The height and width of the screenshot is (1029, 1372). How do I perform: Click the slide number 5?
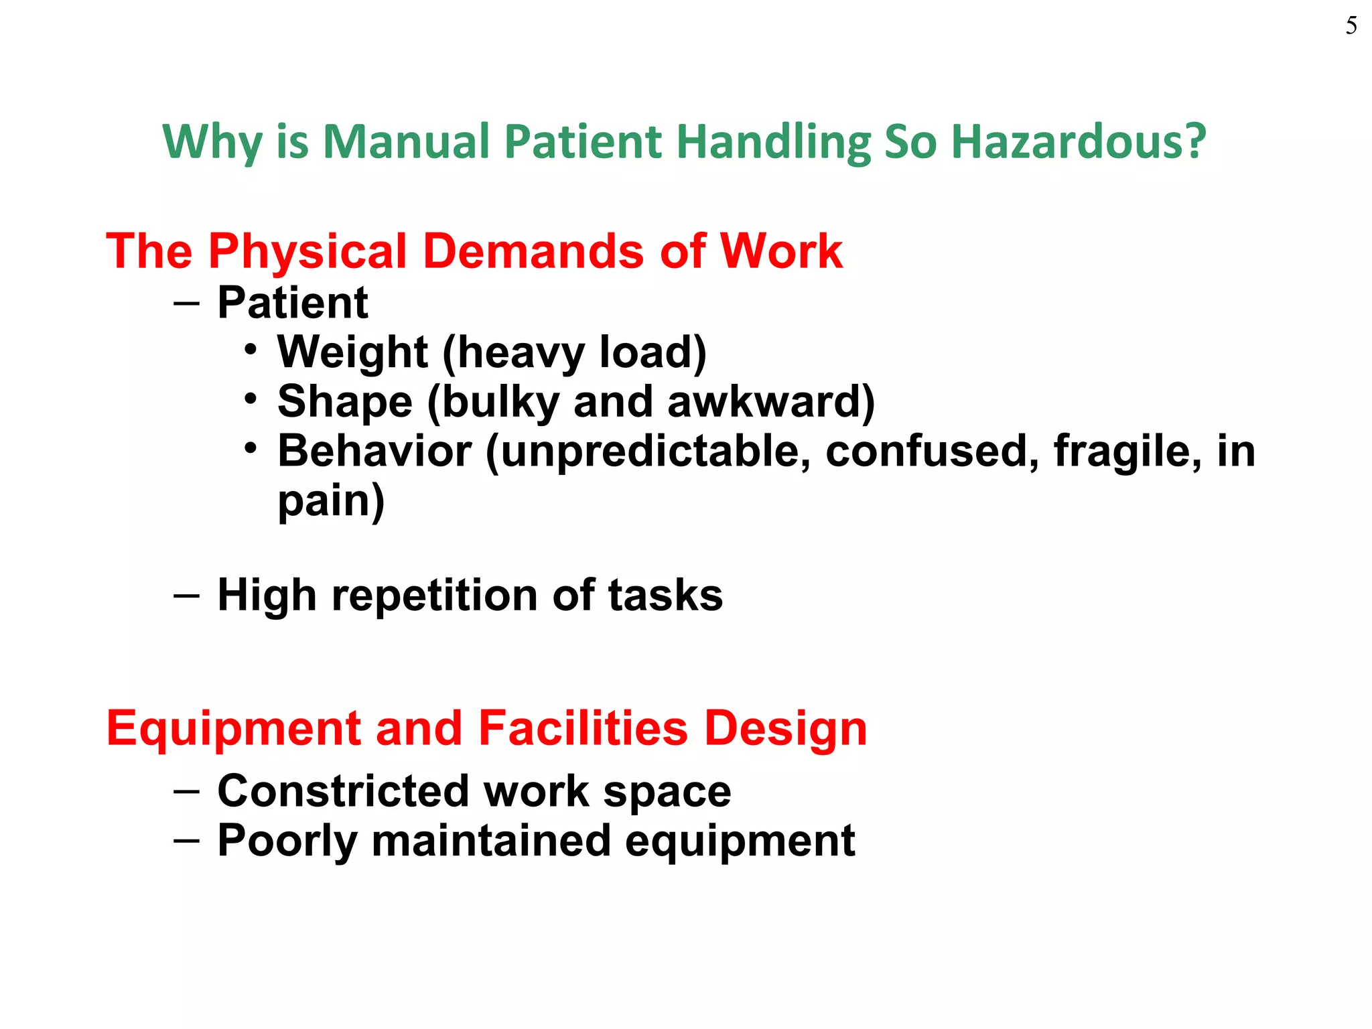pyautogui.click(x=1351, y=26)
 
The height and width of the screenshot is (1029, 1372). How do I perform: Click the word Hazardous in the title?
pyautogui.click(x=1078, y=142)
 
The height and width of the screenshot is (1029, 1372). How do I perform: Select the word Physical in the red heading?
pyautogui.click(x=307, y=252)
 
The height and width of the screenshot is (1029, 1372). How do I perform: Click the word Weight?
pyautogui.click(x=352, y=352)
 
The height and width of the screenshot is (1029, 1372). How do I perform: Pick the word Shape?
pyautogui.click(x=345, y=402)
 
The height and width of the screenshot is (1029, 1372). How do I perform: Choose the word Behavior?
pyautogui.click(x=374, y=451)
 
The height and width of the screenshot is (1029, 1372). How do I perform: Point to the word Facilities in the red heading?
pyautogui.click(x=583, y=728)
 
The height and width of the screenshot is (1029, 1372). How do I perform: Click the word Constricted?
pyautogui.click(x=343, y=791)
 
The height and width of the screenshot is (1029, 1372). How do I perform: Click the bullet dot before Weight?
pyautogui.click(x=251, y=350)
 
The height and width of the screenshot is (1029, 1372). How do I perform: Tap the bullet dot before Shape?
pyautogui.click(x=251, y=400)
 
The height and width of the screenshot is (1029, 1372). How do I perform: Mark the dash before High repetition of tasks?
pyautogui.click(x=186, y=595)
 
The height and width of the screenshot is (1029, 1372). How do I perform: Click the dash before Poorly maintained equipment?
pyautogui.click(x=186, y=840)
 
